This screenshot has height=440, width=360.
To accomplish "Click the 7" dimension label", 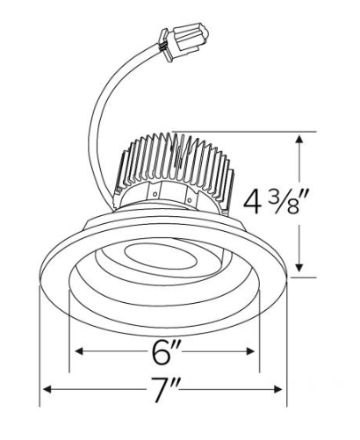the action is [x=165, y=390].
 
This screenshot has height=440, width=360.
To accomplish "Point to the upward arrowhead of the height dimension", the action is [x=299, y=140].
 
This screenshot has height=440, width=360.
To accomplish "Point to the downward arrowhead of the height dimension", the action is [x=299, y=267].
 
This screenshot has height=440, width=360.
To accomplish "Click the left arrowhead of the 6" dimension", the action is [x=80, y=351].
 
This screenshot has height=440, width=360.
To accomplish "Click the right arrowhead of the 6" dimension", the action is [x=250, y=351].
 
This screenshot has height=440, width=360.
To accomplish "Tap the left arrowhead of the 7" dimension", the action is [x=47, y=389].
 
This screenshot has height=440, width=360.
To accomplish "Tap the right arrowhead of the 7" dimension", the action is [x=277, y=389].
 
